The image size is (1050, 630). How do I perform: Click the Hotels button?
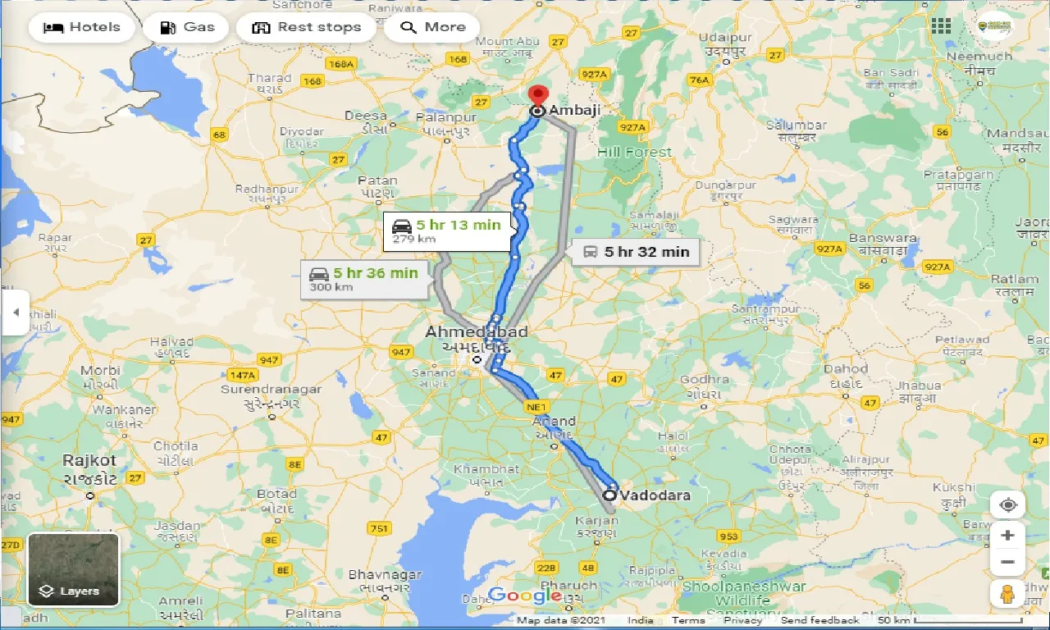click(80, 27)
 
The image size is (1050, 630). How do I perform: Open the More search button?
click(432, 27)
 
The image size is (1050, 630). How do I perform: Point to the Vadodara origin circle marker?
click(609, 495)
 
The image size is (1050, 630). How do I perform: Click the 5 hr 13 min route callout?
click(448, 231)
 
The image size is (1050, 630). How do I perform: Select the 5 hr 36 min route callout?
click(365, 279)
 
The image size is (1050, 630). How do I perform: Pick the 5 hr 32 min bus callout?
click(637, 252)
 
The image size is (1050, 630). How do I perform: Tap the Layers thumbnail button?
click(74, 569)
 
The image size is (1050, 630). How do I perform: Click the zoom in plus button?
click(1007, 536)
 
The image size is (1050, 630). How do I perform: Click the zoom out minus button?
click(1007, 563)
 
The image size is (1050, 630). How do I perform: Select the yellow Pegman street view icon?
click(1007, 593)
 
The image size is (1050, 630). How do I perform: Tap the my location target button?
click(1007, 504)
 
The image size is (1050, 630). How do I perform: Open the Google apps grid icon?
click(941, 26)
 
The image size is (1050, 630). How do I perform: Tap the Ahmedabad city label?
click(476, 332)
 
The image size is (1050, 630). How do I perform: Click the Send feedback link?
click(819, 620)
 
